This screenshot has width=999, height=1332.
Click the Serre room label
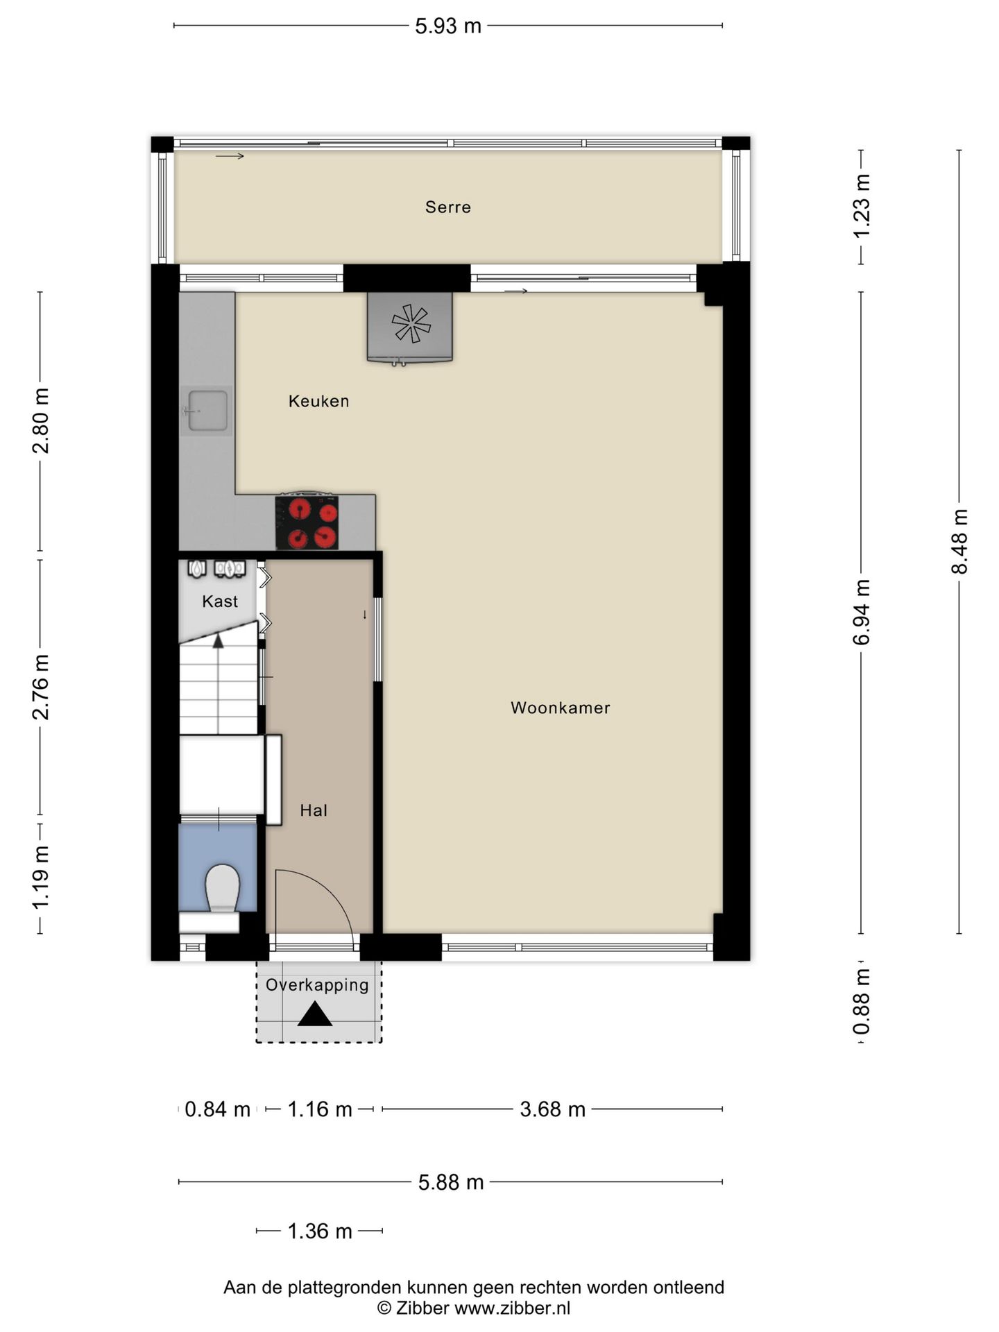(447, 207)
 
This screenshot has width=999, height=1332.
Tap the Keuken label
(318, 401)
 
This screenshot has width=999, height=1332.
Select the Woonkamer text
(561, 708)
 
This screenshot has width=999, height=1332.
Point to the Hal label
(314, 810)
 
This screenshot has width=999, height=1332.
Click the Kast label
(220, 601)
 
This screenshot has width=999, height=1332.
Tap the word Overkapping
(317, 985)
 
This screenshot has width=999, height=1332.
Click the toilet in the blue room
(222, 888)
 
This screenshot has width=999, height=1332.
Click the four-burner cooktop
(307, 522)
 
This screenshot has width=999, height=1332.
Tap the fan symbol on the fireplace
(411, 323)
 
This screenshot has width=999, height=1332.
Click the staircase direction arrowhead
(218, 640)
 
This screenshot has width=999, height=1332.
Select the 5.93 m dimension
(448, 26)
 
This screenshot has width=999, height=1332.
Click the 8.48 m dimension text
(959, 542)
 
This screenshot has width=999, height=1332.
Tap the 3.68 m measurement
(553, 1109)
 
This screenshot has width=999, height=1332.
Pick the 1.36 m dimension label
(320, 1231)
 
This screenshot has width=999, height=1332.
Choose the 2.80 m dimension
(41, 420)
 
